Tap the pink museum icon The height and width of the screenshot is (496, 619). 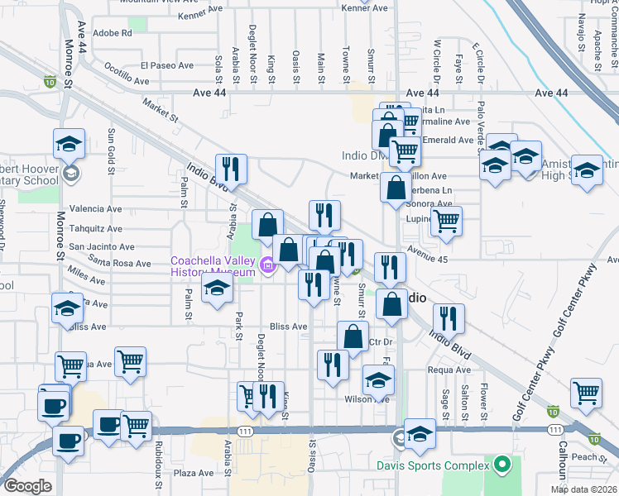coord(268,265)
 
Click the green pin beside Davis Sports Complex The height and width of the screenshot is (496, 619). coord(501,465)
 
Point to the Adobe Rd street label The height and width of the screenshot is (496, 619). coord(113,33)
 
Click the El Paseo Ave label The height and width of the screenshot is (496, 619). coord(166,65)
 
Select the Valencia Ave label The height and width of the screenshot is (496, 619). coord(95,209)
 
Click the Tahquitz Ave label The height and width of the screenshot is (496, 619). coord(95,227)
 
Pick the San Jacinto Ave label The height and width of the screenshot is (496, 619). coord(100,246)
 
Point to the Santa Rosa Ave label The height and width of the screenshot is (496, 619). coord(120,264)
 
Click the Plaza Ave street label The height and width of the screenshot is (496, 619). coord(194,474)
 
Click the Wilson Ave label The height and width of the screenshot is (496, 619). coord(367,398)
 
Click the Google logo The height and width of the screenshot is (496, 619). coord(26,486)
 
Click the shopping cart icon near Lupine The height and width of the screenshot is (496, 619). coord(446,221)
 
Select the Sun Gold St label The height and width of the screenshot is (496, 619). coord(111,153)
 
